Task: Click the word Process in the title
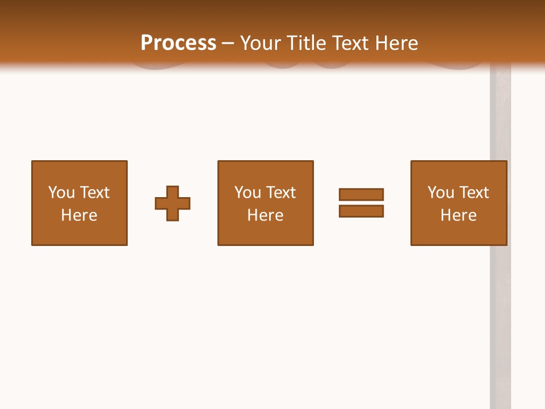(178, 43)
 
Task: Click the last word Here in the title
(396, 43)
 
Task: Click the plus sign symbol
(173, 203)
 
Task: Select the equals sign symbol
(361, 203)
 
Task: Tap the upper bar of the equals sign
(361, 195)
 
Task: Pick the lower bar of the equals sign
(361, 211)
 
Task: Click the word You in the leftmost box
(61, 193)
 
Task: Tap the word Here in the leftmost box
(79, 215)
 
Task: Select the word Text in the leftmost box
(94, 193)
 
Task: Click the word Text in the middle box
(280, 193)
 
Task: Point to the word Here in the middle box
(266, 215)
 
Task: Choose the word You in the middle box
(248, 193)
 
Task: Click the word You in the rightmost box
(441, 193)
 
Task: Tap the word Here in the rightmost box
(459, 215)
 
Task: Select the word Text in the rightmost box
(473, 193)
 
